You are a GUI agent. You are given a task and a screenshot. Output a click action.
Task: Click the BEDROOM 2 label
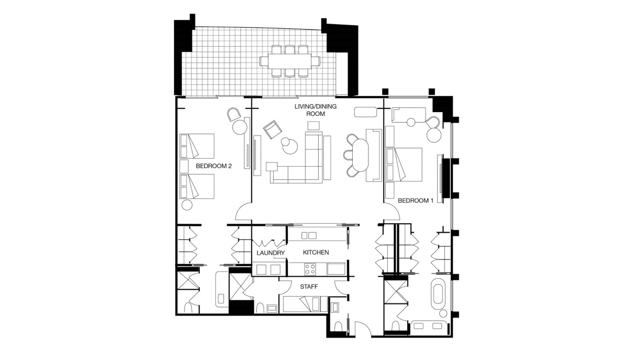tap(214, 166)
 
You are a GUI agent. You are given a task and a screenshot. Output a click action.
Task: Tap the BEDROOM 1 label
tap(416, 201)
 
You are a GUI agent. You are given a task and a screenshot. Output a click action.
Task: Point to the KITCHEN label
tap(316, 253)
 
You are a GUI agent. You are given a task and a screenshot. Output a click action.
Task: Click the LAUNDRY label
tap(270, 253)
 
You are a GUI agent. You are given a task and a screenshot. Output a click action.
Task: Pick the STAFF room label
tap(309, 287)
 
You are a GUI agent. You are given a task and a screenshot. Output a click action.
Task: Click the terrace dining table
tap(289, 61)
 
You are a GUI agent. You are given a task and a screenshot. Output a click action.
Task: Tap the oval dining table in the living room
tap(360, 155)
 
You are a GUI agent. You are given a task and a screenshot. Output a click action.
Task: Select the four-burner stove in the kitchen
tap(310, 268)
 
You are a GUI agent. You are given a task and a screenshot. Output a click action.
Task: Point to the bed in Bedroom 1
tap(404, 165)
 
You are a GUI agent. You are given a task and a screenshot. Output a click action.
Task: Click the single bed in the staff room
tap(305, 304)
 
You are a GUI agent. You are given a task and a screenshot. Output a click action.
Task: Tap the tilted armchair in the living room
tap(273, 129)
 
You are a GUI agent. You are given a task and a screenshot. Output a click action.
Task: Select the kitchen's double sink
tap(309, 235)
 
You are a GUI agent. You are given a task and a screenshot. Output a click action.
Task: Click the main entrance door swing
tap(363, 329)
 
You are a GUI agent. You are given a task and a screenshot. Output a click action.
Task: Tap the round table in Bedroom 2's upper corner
tap(240, 127)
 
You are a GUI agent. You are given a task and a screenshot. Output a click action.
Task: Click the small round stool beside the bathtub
tap(443, 313)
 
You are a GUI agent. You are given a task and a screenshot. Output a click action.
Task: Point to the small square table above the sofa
tap(313, 126)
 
